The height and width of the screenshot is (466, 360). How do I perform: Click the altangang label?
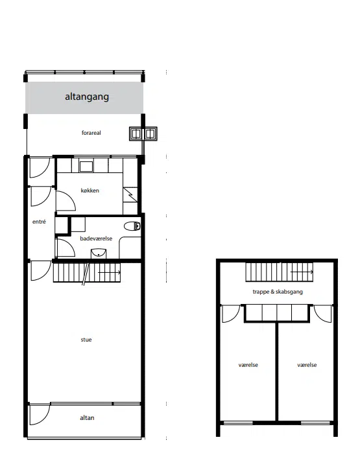pyautogui.click(x=87, y=97)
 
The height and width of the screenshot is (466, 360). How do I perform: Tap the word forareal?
pyautogui.click(x=91, y=133)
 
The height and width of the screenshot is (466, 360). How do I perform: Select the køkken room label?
pyautogui.click(x=90, y=191)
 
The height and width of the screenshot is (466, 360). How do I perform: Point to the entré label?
pyautogui.click(x=39, y=222)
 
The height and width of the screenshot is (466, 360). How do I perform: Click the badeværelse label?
pyautogui.click(x=96, y=239)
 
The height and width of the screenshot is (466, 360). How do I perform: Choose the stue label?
pyautogui.click(x=86, y=340)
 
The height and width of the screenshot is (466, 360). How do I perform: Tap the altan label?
pyautogui.click(x=87, y=418)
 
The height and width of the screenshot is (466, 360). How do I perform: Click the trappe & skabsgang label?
pyautogui.click(x=278, y=292)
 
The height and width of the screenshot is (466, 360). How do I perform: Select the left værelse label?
pyautogui.click(x=248, y=365)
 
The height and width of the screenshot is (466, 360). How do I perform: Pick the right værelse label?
pyautogui.click(x=307, y=365)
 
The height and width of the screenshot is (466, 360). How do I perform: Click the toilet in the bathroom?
pyautogui.click(x=132, y=226)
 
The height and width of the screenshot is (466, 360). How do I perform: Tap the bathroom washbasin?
pyautogui.click(x=99, y=253)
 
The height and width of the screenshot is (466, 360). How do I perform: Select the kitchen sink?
pyautogui.click(x=86, y=167)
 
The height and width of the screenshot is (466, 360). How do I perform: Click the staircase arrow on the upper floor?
pyautogui.click(x=302, y=272)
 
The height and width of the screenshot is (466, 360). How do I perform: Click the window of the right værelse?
pyautogui.click(x=315, y=423)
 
